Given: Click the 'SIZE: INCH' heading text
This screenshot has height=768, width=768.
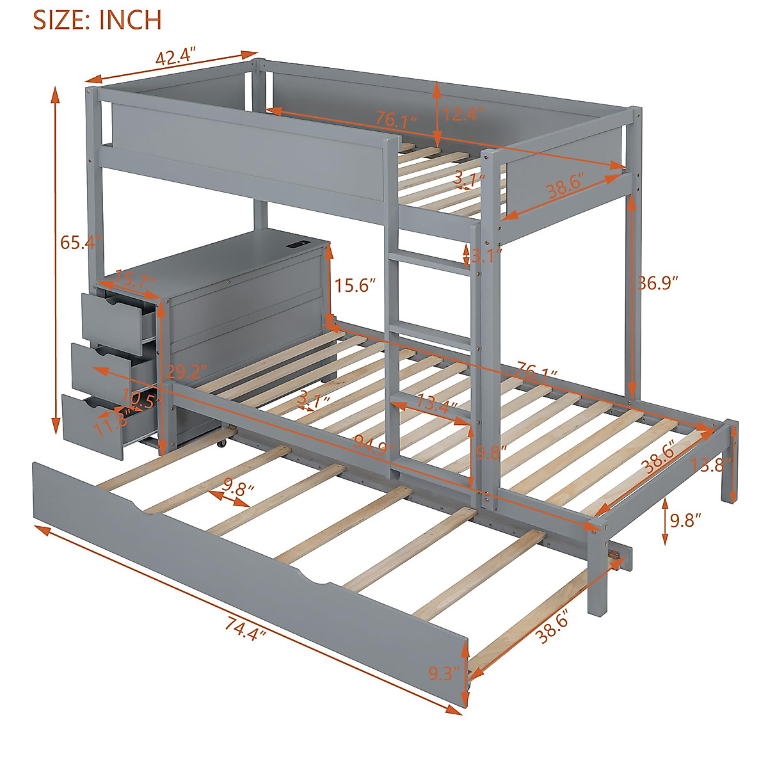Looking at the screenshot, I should tap(97, 20).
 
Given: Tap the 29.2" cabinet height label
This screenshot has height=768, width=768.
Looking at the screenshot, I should tap(186, 371).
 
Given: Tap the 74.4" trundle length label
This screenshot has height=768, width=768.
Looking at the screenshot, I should tap(245, 634).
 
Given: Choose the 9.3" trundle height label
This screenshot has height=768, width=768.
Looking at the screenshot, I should tap(444, 673).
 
